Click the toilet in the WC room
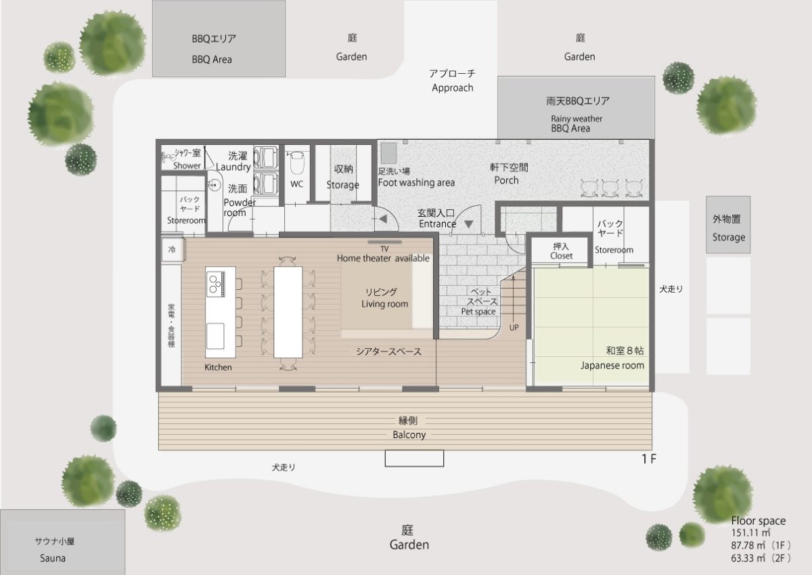pos(296,163)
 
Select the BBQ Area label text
pos(212,60)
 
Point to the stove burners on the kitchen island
pos(216,283)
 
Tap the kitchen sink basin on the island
pos(215,336)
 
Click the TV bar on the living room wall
pos(384,242)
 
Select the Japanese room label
pos(612,365)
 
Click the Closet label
pos(561,256)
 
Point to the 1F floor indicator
pos(649,459)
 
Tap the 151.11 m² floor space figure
pos(750,532)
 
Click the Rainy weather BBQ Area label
pos(577,123)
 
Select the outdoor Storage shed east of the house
pos(728,225)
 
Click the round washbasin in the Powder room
pos(215,185)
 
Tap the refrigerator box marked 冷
pos(173,249)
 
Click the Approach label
pos(453,88)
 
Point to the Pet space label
pos(478,312)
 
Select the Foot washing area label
pos(416,182)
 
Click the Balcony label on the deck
pos(409,435)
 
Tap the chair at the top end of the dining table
pos(288,261)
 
